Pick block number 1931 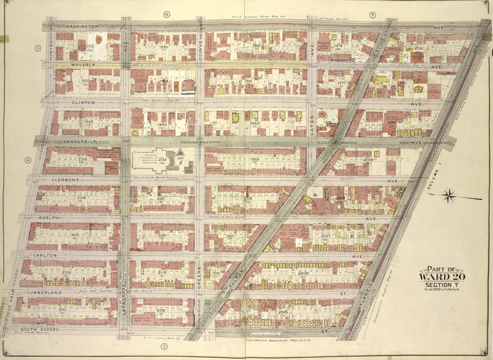click(x=90, y=46)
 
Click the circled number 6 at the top click(x=166, y=14)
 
